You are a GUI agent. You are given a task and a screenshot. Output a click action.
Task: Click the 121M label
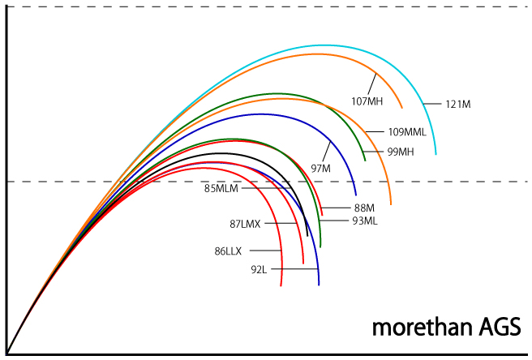[458, 104]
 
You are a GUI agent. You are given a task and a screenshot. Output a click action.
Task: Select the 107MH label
[367, 101]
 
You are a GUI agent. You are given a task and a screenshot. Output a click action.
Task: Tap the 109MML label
[407, 131]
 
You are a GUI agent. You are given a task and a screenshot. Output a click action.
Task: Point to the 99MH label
[401, 152]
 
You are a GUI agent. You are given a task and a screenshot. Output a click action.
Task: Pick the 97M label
[321, 168]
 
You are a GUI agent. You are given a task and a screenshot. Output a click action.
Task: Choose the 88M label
[365, 208]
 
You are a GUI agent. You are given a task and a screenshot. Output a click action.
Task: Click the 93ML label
[364, 221]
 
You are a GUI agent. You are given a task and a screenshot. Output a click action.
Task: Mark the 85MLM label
[221, 189]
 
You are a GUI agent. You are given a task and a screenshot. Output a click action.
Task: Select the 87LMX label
[245, 224]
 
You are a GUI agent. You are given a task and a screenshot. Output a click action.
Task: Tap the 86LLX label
[228, 251]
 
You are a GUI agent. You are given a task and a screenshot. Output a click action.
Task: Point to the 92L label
[259, 269]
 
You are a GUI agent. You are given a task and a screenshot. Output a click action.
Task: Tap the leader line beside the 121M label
[433, 104]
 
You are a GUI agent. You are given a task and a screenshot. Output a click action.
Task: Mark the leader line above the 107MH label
[372, 84]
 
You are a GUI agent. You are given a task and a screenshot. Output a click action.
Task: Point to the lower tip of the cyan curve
[435, 153]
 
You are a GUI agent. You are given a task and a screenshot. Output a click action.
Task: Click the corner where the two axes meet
[7, 353]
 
